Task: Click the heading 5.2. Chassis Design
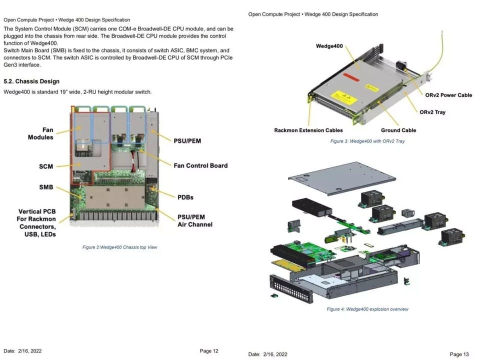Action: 31,81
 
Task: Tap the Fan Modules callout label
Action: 40,133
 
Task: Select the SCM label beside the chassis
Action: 46,166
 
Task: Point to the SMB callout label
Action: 46,187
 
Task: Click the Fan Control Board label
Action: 201,165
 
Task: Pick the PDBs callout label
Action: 185,197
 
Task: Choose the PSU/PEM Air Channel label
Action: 195,220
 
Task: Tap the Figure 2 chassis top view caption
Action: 119,247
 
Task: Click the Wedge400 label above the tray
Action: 329,46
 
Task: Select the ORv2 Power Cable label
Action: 448,95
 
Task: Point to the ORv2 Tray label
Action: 432,112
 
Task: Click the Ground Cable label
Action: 398,130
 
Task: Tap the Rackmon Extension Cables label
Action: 308,130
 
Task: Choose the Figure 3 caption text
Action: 367,141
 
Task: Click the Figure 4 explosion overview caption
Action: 367,309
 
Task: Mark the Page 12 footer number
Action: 209,351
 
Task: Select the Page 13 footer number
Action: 459,354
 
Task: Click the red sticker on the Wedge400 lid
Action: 351,77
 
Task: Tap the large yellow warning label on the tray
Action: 344,96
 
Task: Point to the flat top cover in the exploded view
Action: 342,178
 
